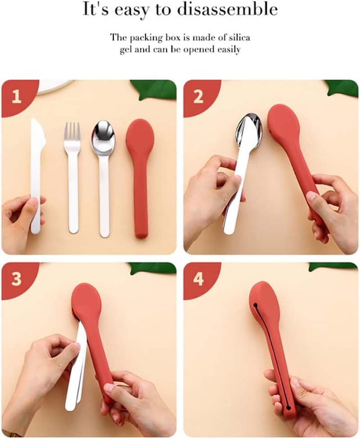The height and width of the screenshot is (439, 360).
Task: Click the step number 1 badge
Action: click(x=17, y=96)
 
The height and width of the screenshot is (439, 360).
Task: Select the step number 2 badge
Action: click(x=198, y=96)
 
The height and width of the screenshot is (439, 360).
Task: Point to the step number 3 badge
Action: click(x=17, y=279)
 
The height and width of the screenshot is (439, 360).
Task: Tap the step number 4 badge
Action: click(x=198, y=279)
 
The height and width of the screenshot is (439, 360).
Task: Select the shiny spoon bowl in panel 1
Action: click(x=103, y=137)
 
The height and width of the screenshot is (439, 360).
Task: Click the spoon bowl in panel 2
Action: click(x=249, y=131)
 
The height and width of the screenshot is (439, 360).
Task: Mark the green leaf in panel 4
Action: click(x=333, y=266)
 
